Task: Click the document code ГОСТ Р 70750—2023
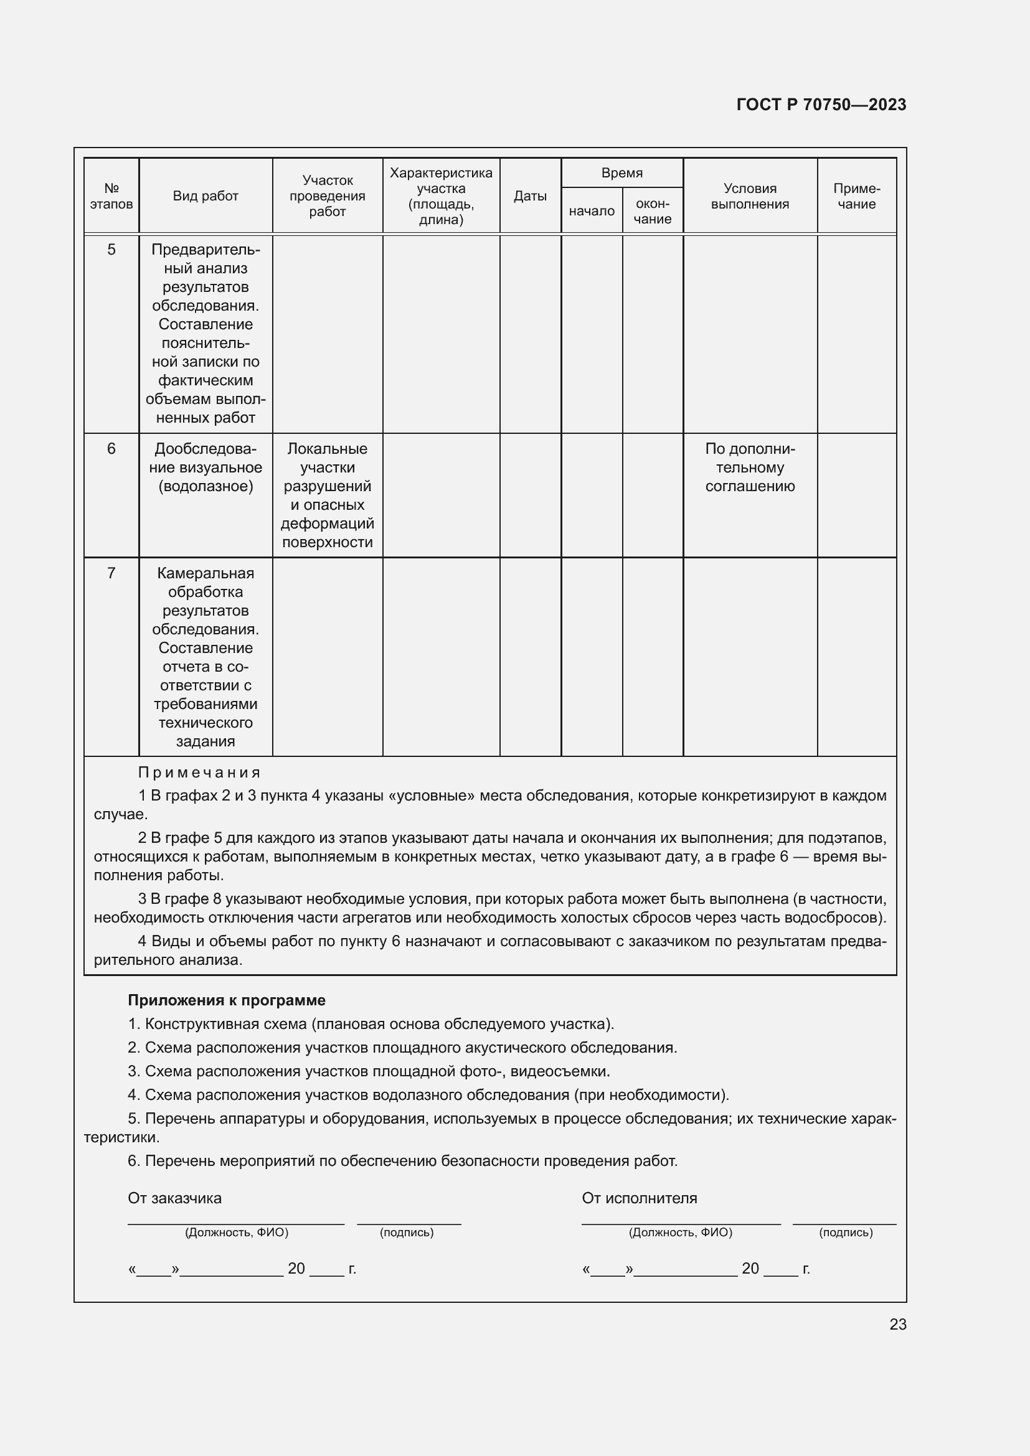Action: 821,105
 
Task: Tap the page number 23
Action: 897,1324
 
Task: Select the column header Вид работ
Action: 206,196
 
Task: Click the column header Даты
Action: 529,196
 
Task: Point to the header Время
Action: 621,173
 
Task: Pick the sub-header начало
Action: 591,211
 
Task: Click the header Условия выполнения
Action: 750,196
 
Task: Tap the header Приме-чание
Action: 856,196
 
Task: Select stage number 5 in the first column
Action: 111,250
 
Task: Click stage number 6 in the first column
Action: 111,449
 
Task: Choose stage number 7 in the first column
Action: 111,573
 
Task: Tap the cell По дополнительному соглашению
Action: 750,467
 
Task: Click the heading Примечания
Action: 199,773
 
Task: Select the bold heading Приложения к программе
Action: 227,1000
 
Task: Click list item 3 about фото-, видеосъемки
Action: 369,1071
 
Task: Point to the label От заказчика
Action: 174,1198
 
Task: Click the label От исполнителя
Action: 640,1198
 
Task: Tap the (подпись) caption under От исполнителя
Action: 846,1232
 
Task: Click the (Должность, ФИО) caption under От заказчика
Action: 237,1232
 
